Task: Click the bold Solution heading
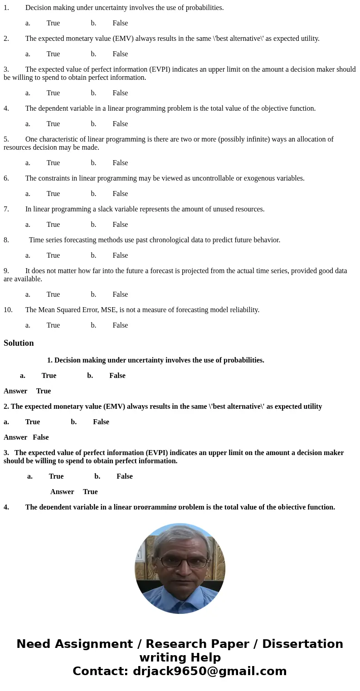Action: click(x=19, y=343)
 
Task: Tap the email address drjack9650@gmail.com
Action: click(x=209, y=671)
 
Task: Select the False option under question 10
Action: click(x=120, y=325)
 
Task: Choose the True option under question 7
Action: click(x=53, y=225)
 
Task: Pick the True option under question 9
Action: click(x=53, y=294)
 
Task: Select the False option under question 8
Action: click(x=120, y=255)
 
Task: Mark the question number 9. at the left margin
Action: click(x=6, y=271)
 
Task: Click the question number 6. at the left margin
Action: click(x=6, y=178)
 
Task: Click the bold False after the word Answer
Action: click(x=41, y=437)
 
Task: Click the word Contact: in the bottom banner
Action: click(x=100, y=671)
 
